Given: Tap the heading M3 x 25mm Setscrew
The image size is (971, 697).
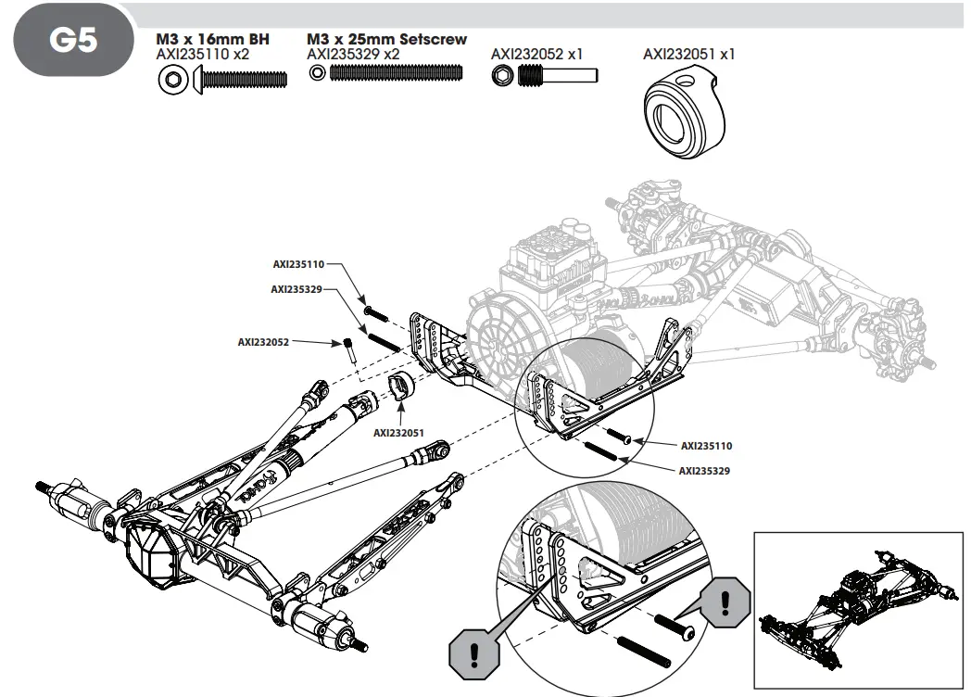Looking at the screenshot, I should click(x=386, y=40).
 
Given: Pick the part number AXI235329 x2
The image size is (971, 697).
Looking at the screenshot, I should click(x=353, y=55).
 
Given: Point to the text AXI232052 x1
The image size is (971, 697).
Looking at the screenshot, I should click(x=536, y=55).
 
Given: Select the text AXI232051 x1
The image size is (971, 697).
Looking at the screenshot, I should click(x=688, y=55).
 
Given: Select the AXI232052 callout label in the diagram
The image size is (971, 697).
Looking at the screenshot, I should click(x=263, y=342).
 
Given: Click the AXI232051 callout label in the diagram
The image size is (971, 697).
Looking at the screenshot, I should click(x=398, y=432).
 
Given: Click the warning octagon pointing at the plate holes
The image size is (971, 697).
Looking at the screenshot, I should click(x=473, y=650).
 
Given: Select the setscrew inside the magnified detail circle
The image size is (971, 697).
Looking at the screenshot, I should click(x=644, y=649).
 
